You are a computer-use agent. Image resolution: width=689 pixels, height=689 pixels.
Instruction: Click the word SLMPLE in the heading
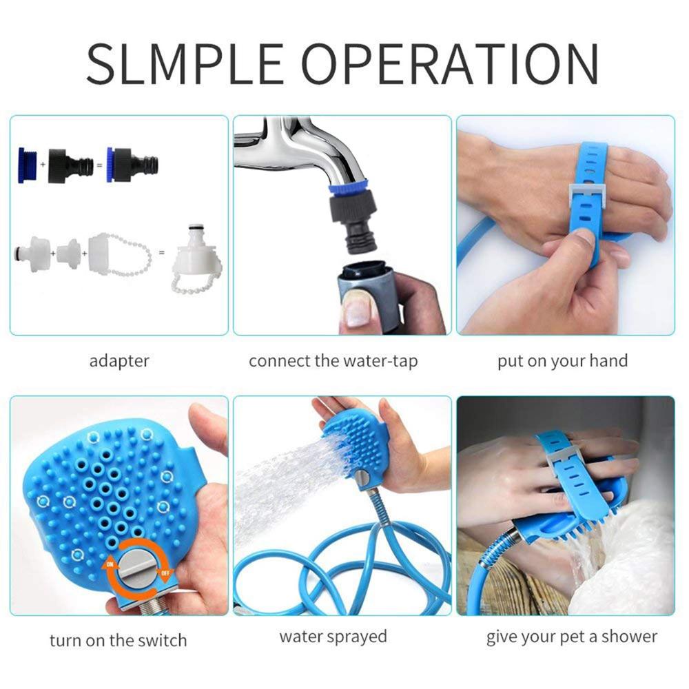pos(185,64)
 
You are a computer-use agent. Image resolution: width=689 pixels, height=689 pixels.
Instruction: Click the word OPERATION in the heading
pos(451,64)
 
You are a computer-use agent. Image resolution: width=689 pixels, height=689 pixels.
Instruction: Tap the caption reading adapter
pos(119,361)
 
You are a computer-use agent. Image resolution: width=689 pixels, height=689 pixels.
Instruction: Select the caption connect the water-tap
pos(333,361)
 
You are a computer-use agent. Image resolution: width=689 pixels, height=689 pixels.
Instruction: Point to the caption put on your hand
pos(562,361)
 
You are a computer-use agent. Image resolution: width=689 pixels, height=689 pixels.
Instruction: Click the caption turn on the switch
pos(119,640)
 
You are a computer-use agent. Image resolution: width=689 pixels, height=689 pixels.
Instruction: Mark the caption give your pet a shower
pos(572,637)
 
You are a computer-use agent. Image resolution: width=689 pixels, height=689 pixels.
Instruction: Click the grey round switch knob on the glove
pos(136,568)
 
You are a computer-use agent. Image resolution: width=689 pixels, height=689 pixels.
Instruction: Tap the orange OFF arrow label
pos(165,573)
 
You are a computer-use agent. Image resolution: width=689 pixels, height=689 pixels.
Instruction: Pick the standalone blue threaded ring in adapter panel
pos(27,165)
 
